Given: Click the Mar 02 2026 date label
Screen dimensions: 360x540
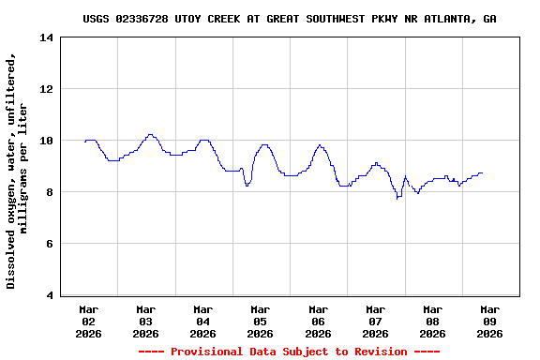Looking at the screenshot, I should tap(89, 321).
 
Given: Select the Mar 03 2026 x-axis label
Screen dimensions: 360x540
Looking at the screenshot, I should tap(146, 321).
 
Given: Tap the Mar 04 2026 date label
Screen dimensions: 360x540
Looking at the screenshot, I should tap(203, 321).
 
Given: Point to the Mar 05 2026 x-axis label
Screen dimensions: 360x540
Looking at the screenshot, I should tap(261, 321).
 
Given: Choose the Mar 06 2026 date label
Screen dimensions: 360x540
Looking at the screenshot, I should tap(318, 321).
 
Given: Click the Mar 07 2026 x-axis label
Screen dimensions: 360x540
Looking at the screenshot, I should tap(375, 321).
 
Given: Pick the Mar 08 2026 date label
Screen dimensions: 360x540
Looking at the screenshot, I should tap(432, 321).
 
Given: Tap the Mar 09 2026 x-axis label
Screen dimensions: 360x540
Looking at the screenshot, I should tap(489, 321).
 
